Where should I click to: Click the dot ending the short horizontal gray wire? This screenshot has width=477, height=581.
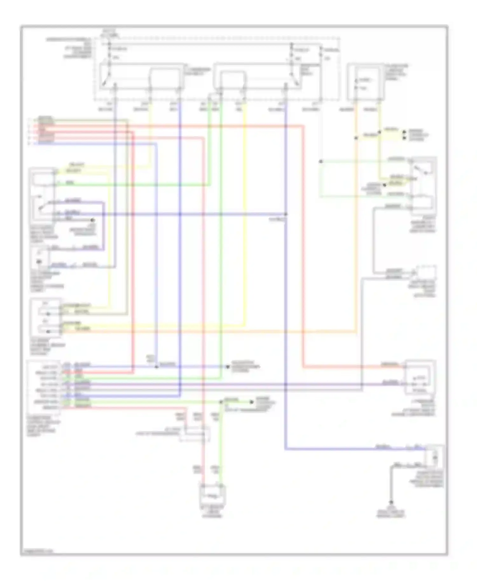click(93, 220)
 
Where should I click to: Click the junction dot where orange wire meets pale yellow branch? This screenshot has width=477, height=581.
click(356, 138)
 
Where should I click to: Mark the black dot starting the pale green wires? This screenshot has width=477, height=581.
click(321, 161)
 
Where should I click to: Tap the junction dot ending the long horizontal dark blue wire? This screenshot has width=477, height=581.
click(286, 214)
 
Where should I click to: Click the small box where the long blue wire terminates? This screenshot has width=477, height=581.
click(434, 457)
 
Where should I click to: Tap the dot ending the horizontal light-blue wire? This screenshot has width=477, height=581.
click(227, 367)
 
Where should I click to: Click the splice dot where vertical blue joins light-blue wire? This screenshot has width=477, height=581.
click(156, 367)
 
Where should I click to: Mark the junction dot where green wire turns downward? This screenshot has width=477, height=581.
click(221, 402)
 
